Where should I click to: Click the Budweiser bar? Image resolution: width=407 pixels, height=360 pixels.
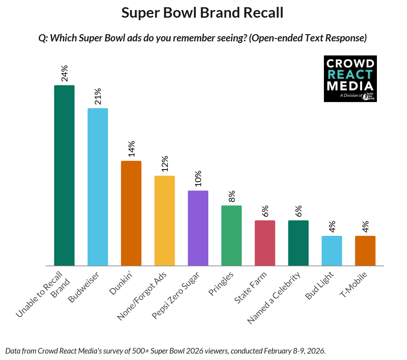click(98, 187)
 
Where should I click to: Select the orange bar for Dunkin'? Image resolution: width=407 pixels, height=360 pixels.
click(131, 213)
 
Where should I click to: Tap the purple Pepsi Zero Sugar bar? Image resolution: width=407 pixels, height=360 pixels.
click(198, 228)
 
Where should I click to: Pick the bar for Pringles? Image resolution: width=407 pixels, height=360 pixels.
click(232, 235)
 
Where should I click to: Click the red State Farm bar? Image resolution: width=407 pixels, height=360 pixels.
click(265, 243)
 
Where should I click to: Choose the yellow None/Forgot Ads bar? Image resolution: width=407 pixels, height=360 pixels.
click(165, 221)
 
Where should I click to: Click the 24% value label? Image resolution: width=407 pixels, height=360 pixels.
click(64, 73)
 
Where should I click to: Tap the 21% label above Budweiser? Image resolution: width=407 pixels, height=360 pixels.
click(98, 96)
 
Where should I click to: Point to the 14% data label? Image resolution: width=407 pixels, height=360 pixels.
click(131, 149)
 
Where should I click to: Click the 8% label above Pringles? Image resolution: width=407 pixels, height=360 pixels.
click(232, 196)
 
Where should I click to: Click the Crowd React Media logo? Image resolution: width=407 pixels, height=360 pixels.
click(350, 79)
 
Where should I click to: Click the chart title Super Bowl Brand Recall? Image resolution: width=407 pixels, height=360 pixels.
click(202, 13)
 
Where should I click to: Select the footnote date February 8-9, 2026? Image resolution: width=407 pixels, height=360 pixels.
click(287, 350)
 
